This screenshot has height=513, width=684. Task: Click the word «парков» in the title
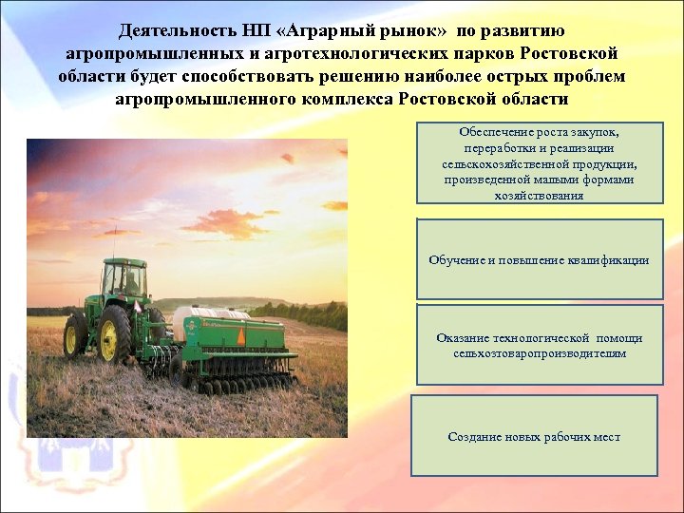(536, 53)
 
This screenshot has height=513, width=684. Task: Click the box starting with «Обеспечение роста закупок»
(540, 162)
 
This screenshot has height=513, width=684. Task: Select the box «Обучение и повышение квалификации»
(540, 259)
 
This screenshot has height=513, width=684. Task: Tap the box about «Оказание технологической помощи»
(540, 345)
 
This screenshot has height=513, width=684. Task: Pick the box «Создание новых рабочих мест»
(534, 436)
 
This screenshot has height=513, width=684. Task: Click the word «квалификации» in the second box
(608, 259)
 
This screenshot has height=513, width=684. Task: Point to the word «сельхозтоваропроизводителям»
(540, 353)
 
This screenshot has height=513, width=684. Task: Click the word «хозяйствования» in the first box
(539, 196)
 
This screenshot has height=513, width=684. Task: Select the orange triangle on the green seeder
(241, 335)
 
